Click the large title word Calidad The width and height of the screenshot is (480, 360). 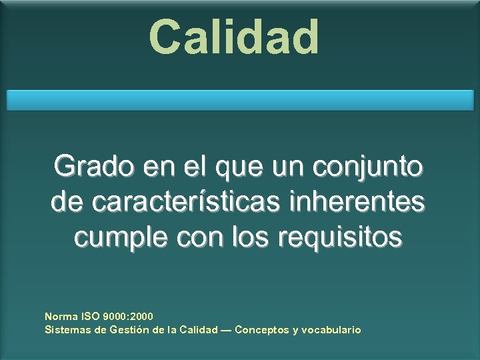point(234,37)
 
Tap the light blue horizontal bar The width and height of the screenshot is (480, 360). point(240,100)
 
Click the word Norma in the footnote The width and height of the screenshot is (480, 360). point(61,316)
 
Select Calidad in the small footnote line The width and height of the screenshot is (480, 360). point(199,329)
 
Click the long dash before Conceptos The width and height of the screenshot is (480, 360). point(226,329)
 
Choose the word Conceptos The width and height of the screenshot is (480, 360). point(262,329)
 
